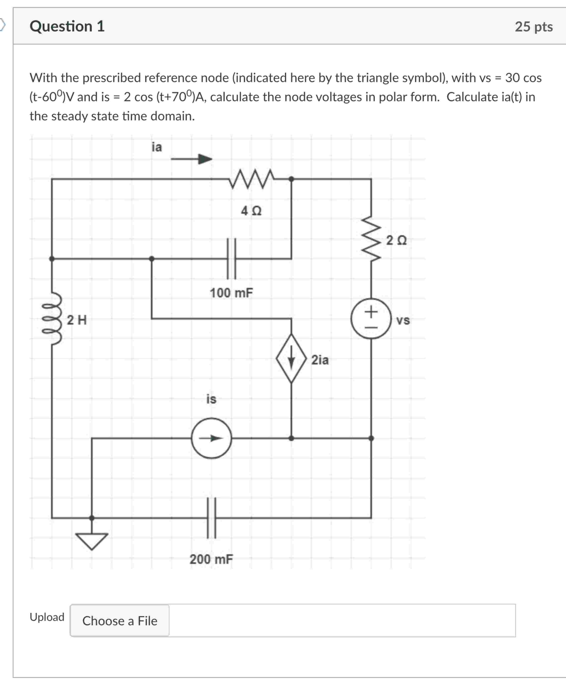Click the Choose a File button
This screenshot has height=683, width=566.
pyautogui.click(x=120, y=621)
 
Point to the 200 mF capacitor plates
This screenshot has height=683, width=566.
pyautogui.click(x=212, y=518)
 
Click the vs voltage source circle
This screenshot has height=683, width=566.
pyautogui.click(x=371, y=319)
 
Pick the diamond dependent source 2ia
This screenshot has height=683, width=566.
pyautogui.click(x=291, y=358)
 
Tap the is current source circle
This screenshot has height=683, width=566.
pyautogui.click(x=212, y=438)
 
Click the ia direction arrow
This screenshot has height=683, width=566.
pyautogui.click(x=192, y=159)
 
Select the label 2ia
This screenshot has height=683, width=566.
pyautogui.click(x=320, y=360)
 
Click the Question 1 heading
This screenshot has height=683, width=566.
pyautogui.click(x=67, y=26)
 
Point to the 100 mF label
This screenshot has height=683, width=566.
pyautogui.click(x=231, y=293)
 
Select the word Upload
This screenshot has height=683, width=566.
pyautogui.click(x=47, y=617)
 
